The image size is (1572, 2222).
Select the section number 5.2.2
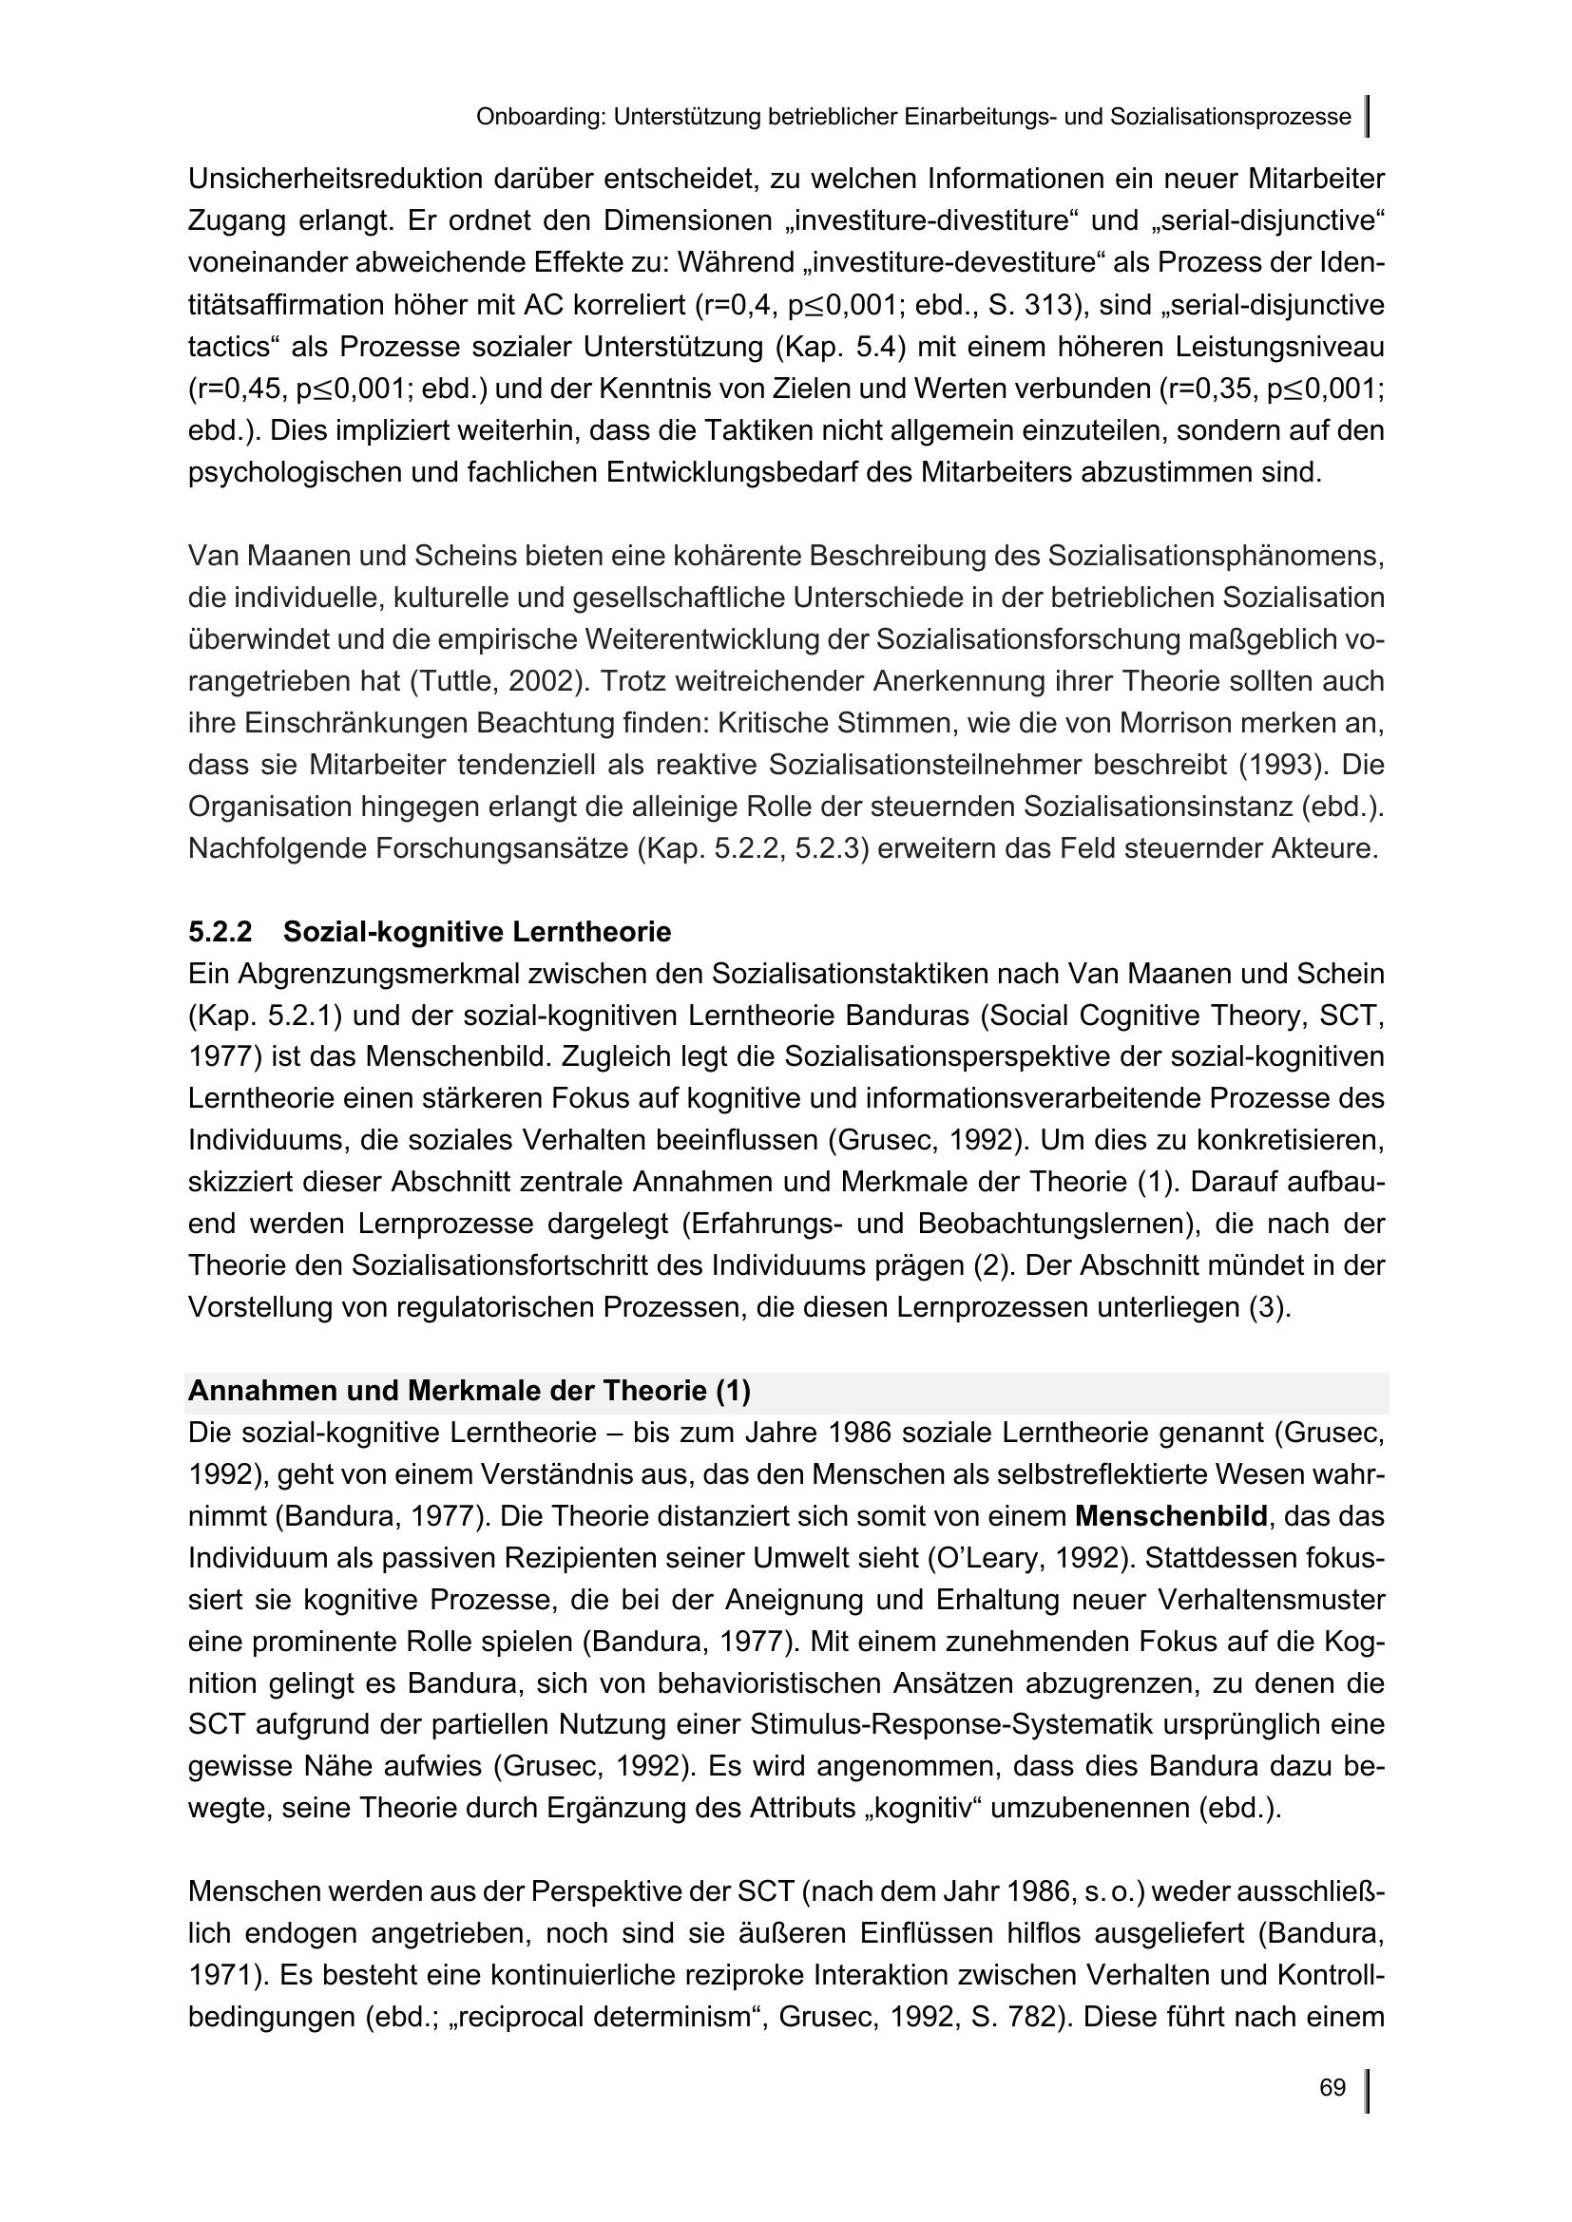[x=220, y=932]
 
